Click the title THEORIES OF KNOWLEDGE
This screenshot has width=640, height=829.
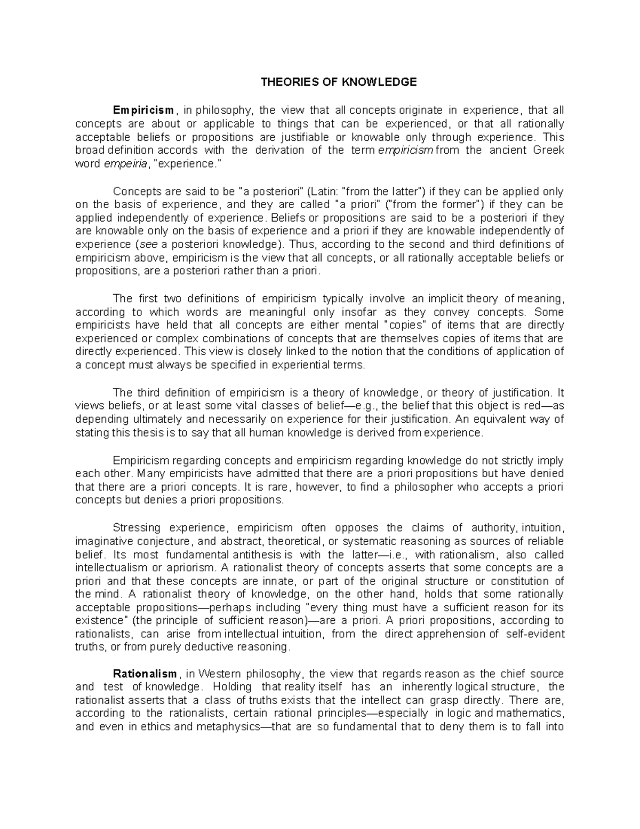338,82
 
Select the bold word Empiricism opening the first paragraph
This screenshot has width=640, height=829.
143,110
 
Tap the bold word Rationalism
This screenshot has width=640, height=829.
148,674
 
